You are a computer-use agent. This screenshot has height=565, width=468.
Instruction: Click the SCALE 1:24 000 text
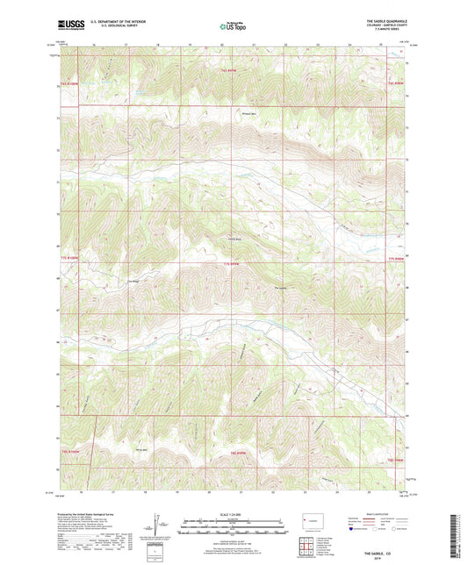pyautogui.click(x=233, y=513)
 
